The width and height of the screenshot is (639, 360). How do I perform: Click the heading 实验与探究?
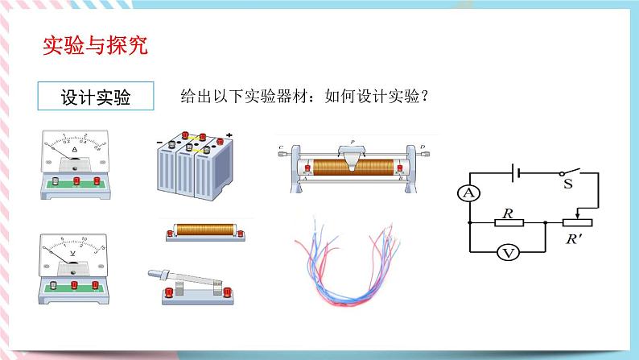(x=94, y=46)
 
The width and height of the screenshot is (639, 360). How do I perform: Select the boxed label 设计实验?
(x=95, y=97)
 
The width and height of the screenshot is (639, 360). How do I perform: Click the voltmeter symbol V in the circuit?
(x=508, y=253)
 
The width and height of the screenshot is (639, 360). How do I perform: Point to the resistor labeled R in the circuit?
(x=508, y=223)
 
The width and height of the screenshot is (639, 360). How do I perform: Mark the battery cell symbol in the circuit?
(x=520, y=172)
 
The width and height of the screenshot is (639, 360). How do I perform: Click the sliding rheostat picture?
(x=354, y=166)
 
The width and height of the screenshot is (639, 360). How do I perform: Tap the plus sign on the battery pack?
(x=229, y=134)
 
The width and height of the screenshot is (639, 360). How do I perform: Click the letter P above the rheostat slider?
(x=352, y=139)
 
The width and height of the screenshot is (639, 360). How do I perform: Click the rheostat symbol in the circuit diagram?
(x=572, y=221)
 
